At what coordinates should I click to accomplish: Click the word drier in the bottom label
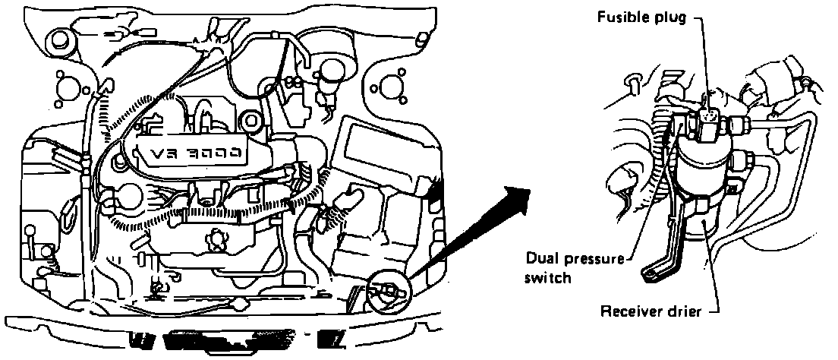coord(682,311)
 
